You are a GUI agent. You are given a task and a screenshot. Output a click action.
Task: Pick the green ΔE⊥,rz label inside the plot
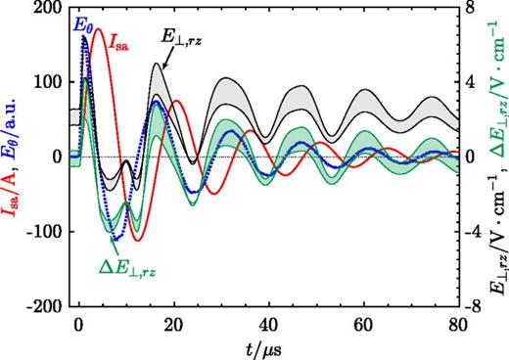[133, 265]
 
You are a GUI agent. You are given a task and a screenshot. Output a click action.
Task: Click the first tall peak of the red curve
[97, 29]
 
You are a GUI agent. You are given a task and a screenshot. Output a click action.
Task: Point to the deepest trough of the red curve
[137, 239]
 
